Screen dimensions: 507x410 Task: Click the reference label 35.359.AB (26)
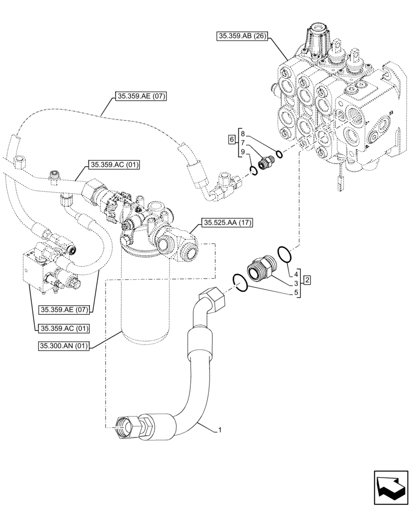coord(243,36)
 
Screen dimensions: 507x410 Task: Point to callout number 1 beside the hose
coord(220,430)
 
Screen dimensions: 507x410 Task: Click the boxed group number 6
coord(231,139)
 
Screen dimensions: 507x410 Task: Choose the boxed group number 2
coord(307,280)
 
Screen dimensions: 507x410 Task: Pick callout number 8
coord(243,133)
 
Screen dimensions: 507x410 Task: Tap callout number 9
coord(243,152)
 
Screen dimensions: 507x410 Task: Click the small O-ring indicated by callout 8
coord(279,153)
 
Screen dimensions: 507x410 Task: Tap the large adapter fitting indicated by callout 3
coord(261,268)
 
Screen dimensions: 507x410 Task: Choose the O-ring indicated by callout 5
coord(240,282)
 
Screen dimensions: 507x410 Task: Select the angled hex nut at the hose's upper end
coord(213,298)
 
